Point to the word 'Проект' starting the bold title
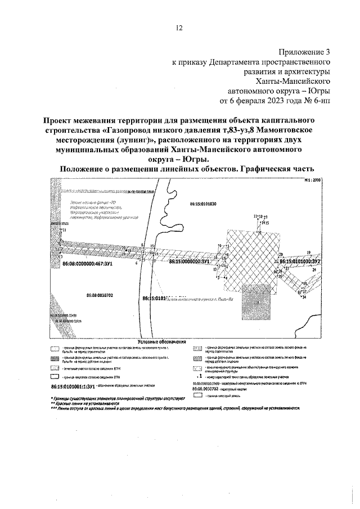pyautogui.click(x=61, y=120)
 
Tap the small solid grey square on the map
pyautogui.click(x=256, y=302)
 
